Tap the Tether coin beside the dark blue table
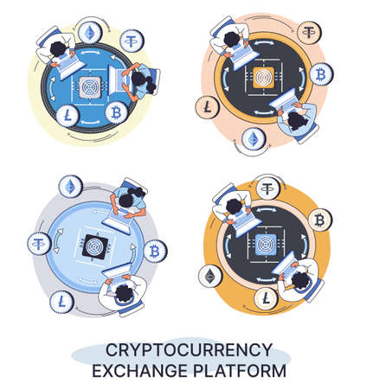coord(133,41)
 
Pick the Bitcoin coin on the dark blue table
coord(115,112)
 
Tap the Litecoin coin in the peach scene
coord(209,110)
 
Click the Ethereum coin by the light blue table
coord(69,186)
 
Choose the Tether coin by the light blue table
coord(39,245)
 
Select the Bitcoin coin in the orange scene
coord(319,221)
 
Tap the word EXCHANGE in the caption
coord(140,372)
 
